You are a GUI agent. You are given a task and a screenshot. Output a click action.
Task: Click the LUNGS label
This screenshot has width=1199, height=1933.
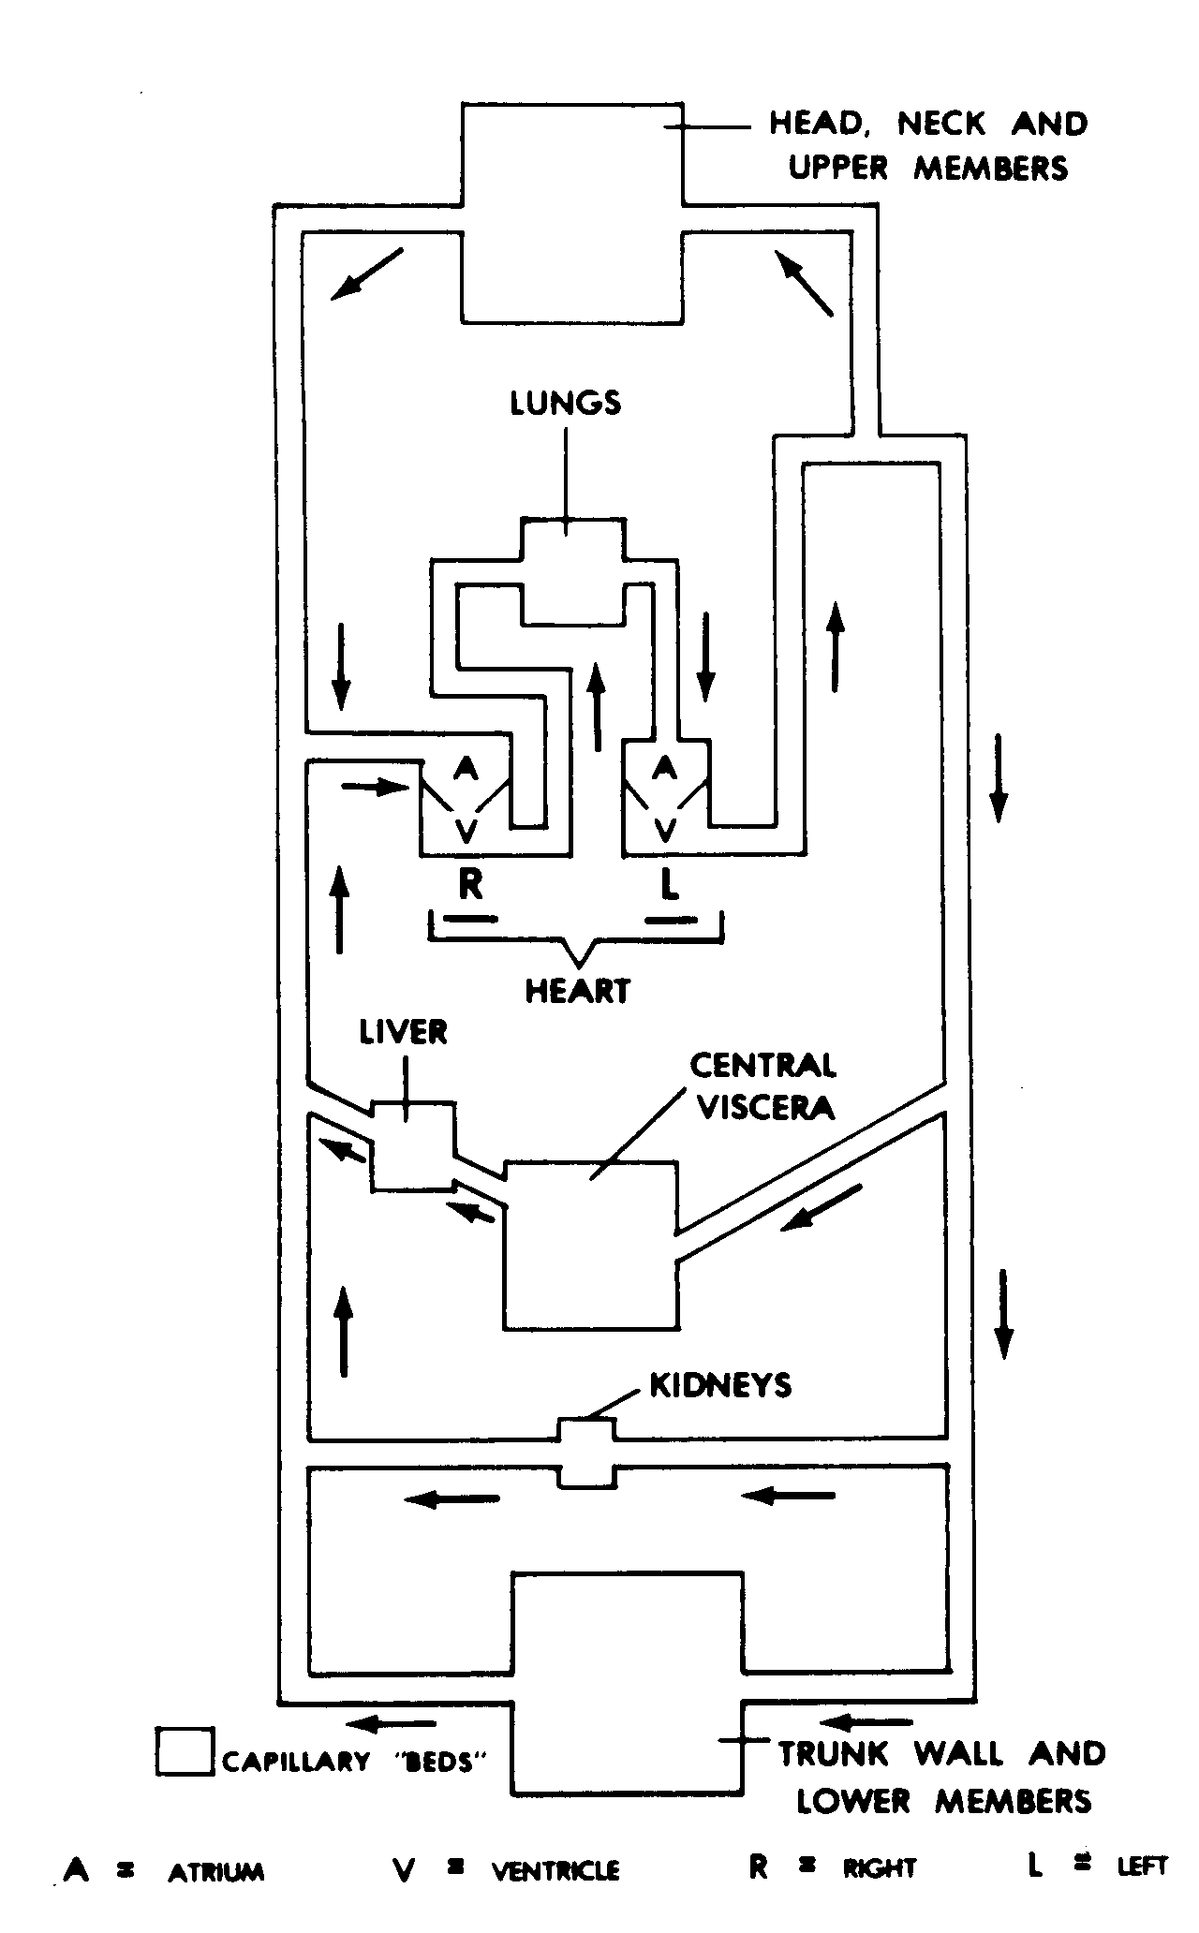pos(566,403)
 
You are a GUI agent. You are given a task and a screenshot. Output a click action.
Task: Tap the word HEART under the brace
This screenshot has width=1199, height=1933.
pos(577,991)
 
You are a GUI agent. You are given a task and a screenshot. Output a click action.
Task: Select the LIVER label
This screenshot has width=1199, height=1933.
pos(404,1032)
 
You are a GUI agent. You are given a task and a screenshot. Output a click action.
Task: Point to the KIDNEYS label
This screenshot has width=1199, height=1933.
pos(720,1385)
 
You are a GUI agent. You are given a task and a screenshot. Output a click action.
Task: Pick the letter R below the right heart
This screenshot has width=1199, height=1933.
pos(470,883)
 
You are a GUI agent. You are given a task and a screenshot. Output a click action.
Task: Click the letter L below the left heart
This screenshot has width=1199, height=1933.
pos(668,883)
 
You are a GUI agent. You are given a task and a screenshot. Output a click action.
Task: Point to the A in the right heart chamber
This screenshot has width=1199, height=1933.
pos(466,769)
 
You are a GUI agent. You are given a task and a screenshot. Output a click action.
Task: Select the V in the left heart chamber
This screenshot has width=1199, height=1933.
pos(665,829)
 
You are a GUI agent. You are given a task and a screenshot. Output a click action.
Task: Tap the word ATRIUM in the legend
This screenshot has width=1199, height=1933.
pos(216,1871)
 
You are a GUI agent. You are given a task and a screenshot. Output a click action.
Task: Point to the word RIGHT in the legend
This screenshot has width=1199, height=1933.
pos(879,1869)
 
